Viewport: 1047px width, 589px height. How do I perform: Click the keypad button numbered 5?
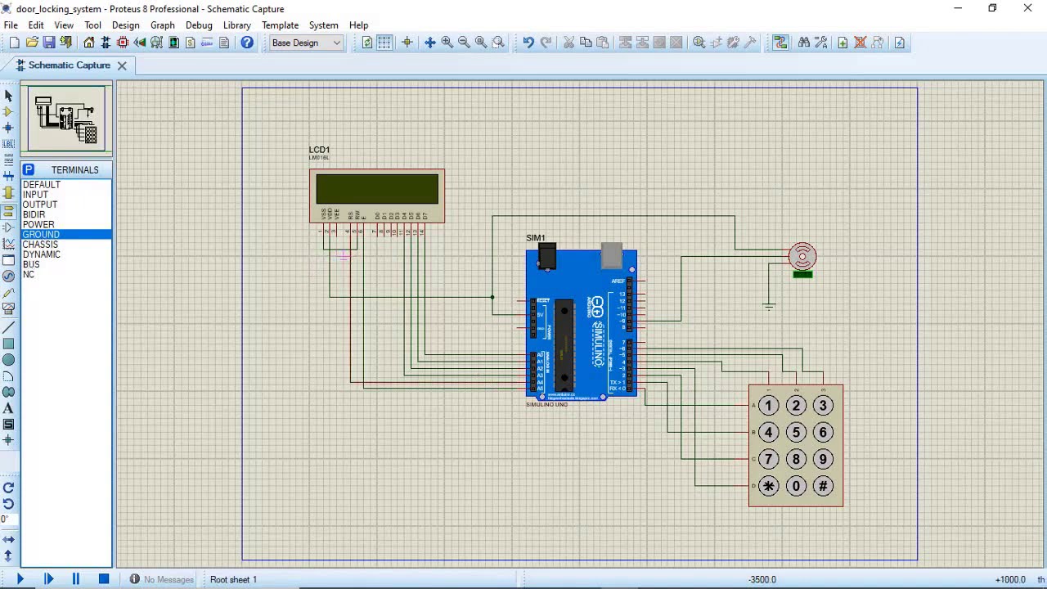tap(796, 432)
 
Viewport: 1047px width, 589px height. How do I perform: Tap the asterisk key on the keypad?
tap(768, 486)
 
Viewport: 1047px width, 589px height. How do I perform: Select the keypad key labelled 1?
tap(768, 405)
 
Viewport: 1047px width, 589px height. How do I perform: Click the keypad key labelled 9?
tap(823, 459)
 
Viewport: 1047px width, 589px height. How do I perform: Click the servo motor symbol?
tap(802, 257)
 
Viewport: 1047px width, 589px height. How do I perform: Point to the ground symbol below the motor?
tap(769, 306)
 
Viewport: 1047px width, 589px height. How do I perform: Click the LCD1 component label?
tap(319, 150)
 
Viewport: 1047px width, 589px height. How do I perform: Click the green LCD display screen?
tap(377, 189)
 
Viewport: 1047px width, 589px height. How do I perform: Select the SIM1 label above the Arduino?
tap(536, 238)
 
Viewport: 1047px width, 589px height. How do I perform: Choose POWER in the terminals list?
tap(38, 224)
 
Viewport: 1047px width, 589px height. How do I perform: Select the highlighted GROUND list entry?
tap(41, 235)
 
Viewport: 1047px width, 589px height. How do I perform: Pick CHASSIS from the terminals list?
tap(40, 245)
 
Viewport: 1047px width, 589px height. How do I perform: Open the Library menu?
tap(236, 25)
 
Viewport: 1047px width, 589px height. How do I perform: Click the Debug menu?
tap(199, 25)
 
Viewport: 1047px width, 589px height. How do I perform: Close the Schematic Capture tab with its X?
tap(122, 65)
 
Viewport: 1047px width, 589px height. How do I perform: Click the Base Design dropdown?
tap(306, 43)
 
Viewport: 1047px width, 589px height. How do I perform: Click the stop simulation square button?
tap(104, 579)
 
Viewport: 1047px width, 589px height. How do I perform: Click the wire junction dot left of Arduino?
tap(492, 297)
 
